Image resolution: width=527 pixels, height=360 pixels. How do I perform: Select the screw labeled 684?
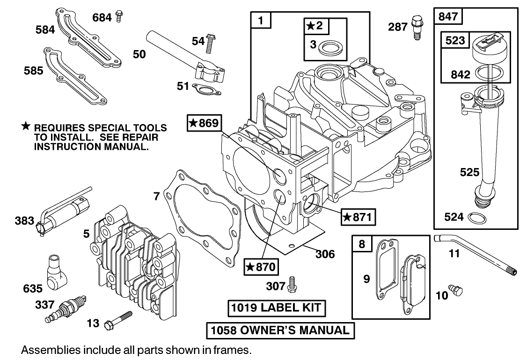(x=119, y=16)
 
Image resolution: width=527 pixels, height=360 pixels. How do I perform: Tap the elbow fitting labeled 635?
(x=55, y=273)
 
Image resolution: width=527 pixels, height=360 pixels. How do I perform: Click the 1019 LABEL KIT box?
(x=277, y=308)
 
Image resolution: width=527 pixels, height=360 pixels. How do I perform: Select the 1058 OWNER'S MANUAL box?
(x=280, y=330)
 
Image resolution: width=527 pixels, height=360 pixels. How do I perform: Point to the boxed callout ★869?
(x=203, y=123)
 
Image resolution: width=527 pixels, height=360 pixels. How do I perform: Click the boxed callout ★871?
(x=359, y=217)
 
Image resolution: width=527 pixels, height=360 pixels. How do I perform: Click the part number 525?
(x=469, y=172)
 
